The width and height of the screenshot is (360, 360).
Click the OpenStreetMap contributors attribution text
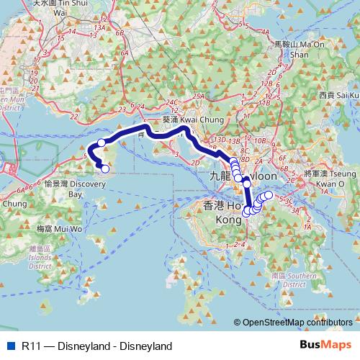point(297,322)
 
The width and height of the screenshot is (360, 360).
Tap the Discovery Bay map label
point(82,184)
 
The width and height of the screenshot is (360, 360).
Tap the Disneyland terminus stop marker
point(105,169)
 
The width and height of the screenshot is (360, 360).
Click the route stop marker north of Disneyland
point(102,143)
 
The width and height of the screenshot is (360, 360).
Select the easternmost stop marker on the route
point(269,194)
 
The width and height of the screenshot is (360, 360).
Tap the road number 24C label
point(171,103)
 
